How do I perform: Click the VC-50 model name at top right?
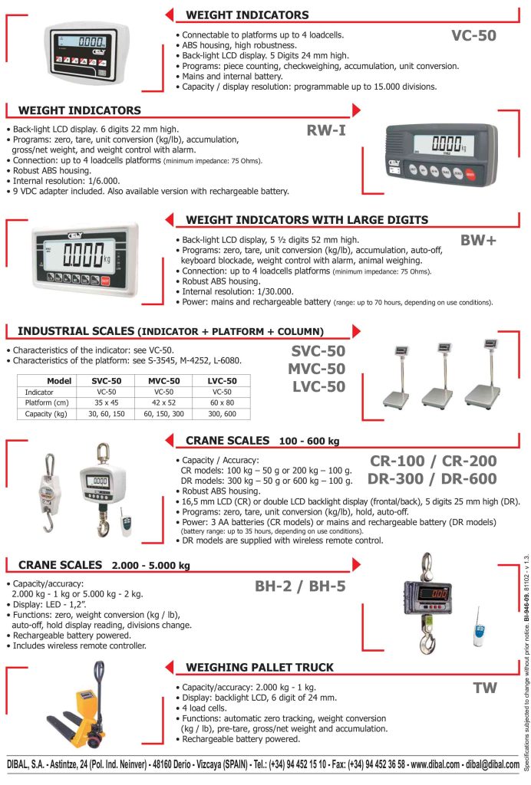[x=473, y=35]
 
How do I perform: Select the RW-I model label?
[x=326, y=130]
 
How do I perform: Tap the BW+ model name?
[x=478, y=240]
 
